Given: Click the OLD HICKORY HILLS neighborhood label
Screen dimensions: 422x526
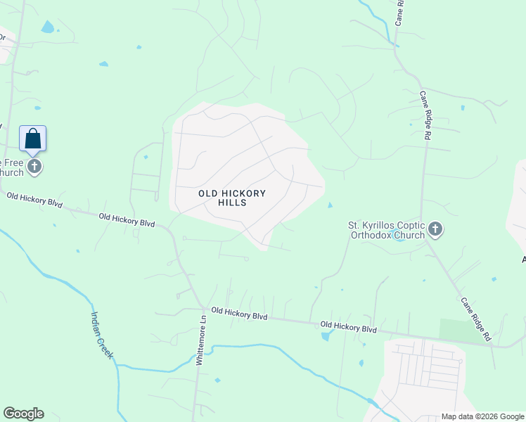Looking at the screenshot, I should [x=222, y=198].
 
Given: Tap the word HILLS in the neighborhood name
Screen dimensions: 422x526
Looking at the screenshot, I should [x=233, y=203].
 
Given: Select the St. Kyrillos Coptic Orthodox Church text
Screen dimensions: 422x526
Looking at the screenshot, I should [x=386, y=230].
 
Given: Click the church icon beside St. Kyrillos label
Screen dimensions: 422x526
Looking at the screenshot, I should [x=435, y=228].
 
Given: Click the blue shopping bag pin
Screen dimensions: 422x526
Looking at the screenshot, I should [x=32, y=139].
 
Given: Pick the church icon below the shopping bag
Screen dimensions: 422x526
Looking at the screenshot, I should [x=34, y=167].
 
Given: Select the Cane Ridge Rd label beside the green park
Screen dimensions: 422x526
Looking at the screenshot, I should [x=475, y=319].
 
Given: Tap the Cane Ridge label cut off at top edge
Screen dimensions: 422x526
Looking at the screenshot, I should [x=399, y=13].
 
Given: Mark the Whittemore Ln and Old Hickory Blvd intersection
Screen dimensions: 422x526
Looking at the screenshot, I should [x=203, y=309].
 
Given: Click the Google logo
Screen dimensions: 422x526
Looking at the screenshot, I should [x=23, y=414].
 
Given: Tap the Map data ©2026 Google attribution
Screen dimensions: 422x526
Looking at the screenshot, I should [x=482, y=416].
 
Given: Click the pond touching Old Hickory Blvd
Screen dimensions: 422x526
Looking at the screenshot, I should [x=326, y=336].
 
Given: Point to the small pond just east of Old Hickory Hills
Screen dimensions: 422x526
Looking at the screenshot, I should [x=330, y=205].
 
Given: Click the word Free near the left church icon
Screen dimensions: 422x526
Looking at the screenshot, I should [x=15, y=162].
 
